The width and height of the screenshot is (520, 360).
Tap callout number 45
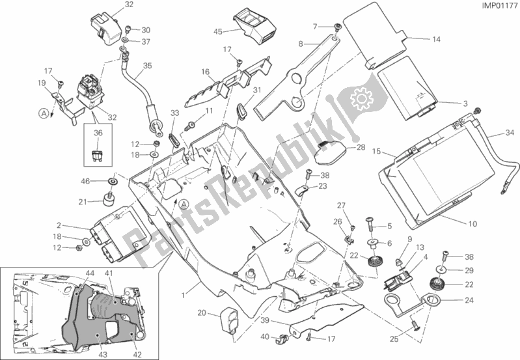218,31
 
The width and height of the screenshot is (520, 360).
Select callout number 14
437,39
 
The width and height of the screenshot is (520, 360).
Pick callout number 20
202,313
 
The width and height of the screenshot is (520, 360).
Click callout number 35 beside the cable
147,66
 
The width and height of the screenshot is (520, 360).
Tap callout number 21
83,202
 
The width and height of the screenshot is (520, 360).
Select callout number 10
472,225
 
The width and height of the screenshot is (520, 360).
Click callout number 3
465,104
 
